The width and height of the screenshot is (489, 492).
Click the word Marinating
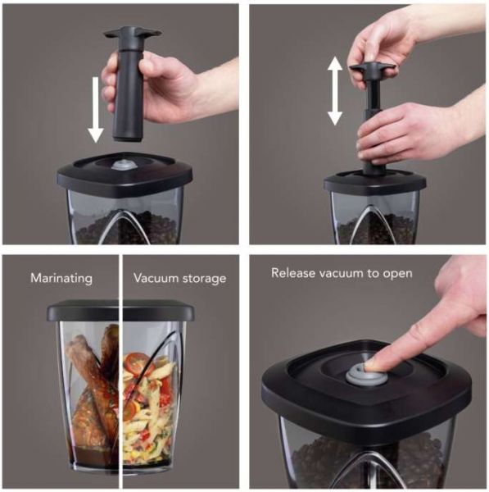point(61,278)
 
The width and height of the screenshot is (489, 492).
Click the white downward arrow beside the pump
point(96,110)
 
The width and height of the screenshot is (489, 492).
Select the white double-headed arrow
point(335,91)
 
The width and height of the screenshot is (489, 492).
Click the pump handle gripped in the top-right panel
point(372,68)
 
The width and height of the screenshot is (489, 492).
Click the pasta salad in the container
point(147,405)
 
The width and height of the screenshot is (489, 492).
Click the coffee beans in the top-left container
point(125,227)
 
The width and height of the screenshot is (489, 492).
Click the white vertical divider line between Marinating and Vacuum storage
point(120,371)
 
